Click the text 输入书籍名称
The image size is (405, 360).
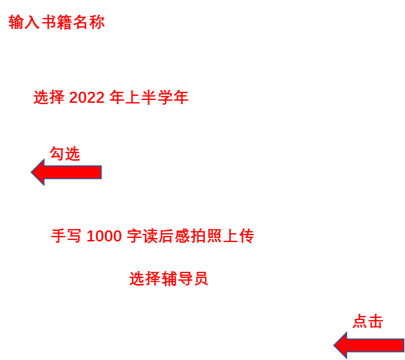[x=57, y=22]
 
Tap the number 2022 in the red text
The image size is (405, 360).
[x=87, y=98]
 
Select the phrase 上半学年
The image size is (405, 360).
[x=149, y=98]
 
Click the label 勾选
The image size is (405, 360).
[x=65, y=154]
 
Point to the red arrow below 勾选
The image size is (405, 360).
[x=66, y=172]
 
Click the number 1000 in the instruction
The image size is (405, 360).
[x=104, y=236]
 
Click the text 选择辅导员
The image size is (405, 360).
[x=168, y=279]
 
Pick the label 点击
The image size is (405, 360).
[x=368, y=321]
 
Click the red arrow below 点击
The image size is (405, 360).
[x=369, y=346]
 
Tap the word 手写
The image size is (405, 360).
[x=66, y=236]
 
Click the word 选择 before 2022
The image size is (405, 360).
[x=49, y=98]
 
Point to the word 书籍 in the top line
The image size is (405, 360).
[x=57, y=22]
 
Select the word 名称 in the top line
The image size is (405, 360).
[x=89, y=22]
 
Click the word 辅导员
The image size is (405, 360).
[x=185, y=279]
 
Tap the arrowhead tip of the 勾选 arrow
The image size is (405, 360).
[x=31, y=172]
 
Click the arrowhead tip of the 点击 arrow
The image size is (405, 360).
[x=334, y=346]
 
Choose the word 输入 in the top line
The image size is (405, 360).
[x=24, y=22]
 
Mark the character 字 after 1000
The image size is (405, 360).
[x=135, y=236]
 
